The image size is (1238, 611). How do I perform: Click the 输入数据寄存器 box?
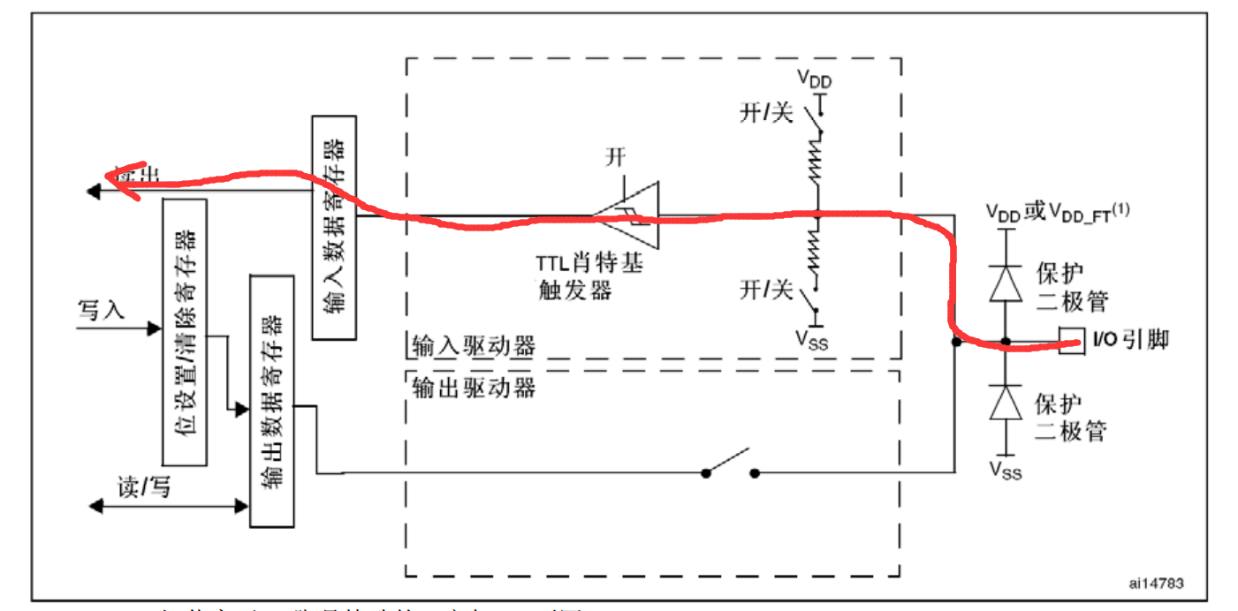click(x=334, y=227)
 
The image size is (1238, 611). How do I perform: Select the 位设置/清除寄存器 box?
click(x=185, y=331)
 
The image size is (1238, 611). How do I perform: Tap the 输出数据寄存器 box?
click(x=271, y=401)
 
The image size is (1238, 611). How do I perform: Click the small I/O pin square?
click(x=1072, y=342)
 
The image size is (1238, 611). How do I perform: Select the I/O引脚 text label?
click(x=1131, y=340)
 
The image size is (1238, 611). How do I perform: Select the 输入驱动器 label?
click(x=474, y=345)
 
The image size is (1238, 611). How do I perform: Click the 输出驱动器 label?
click(x=474, y=387)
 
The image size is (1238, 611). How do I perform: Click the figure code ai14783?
click(x=1157, y=584)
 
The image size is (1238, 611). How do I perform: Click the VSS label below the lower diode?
click(x=1006, y=470)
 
